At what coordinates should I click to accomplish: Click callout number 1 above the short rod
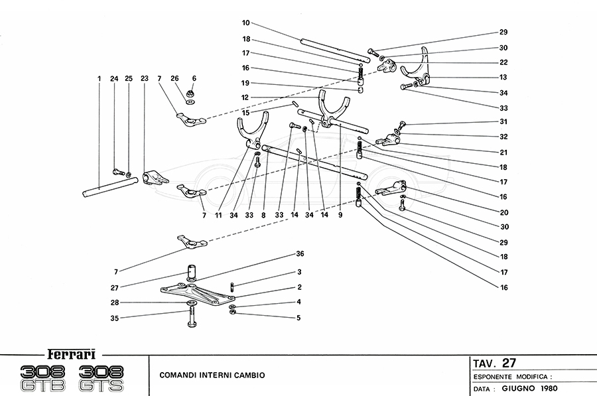coord(98,79)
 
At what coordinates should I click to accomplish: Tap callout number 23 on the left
coord(145,79)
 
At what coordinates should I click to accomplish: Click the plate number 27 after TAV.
coord(509,363)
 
